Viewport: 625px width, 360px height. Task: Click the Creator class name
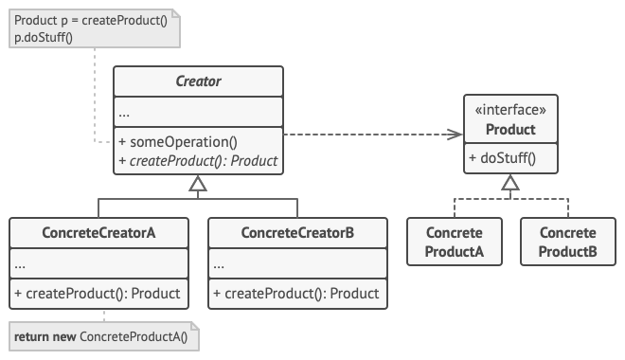point(198,81)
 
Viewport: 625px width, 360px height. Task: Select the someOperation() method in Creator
point(177,141)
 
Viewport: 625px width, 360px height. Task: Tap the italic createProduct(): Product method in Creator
point(198,161)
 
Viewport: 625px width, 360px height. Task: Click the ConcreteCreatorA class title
point(98,232)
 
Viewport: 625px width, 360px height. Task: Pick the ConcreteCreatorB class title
point(297,232)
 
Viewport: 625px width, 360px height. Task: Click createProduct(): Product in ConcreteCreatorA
point(98,294)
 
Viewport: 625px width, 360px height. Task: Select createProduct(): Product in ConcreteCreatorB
point(296,294)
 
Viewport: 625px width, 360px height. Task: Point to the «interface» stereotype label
point(510,110)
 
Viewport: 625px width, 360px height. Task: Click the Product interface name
point(510,129)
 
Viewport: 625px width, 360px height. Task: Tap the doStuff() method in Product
point(502,158)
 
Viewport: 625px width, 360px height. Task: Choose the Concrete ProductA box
point(455,242)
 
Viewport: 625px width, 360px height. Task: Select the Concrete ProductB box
point(567,242)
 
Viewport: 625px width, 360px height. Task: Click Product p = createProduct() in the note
point(91,20)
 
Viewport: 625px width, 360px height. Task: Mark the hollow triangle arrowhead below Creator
point(198,188)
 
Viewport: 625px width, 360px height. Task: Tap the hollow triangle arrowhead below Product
point(510,184)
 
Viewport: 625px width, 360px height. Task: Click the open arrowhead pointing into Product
point(455,135)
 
